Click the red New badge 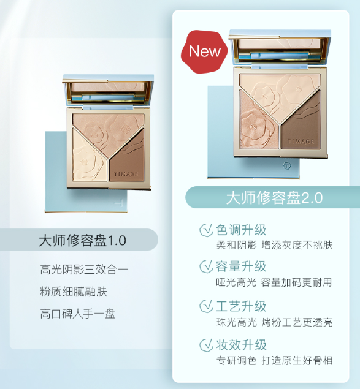pyautogui.click(x=204, y=51)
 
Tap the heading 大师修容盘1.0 pyautogui.click(x=82, y=240)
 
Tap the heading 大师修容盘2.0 pyautogui.click(x=275, y=198)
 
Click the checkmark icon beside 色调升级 pyautogui.click(x=206, y=230)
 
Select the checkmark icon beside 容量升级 pyautogui.click(x=206, y=266)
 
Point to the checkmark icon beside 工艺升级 pyautogui.click(x=206, y=306)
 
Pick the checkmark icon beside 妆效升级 pyautogui.click(x=206, y=345)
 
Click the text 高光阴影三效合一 pyautogui.click(x=84, y=270)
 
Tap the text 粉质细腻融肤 pyautogui.click(x=74, y=292)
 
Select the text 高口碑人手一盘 pyautogui.click(x=77, y=314)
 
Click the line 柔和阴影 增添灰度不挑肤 pyautogui.click(x=274, y=245)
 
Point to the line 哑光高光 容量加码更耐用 pyautogui.click(x=274, y=282)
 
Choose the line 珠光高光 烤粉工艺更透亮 pyautogui.click(x=274, y=322)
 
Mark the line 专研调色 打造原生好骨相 pyautogui.click(x=274, y=360)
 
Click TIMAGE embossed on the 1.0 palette pyautogui.click(x=126, y=174)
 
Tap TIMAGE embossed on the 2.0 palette pyautogui.click(x=301, y=142)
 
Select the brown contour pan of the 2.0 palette pyautogui.click(x=301, y=121)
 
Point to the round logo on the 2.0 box pyautogui.click(x=287, y=166)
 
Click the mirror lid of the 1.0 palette pyautogui.click(x=108, y=90)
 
